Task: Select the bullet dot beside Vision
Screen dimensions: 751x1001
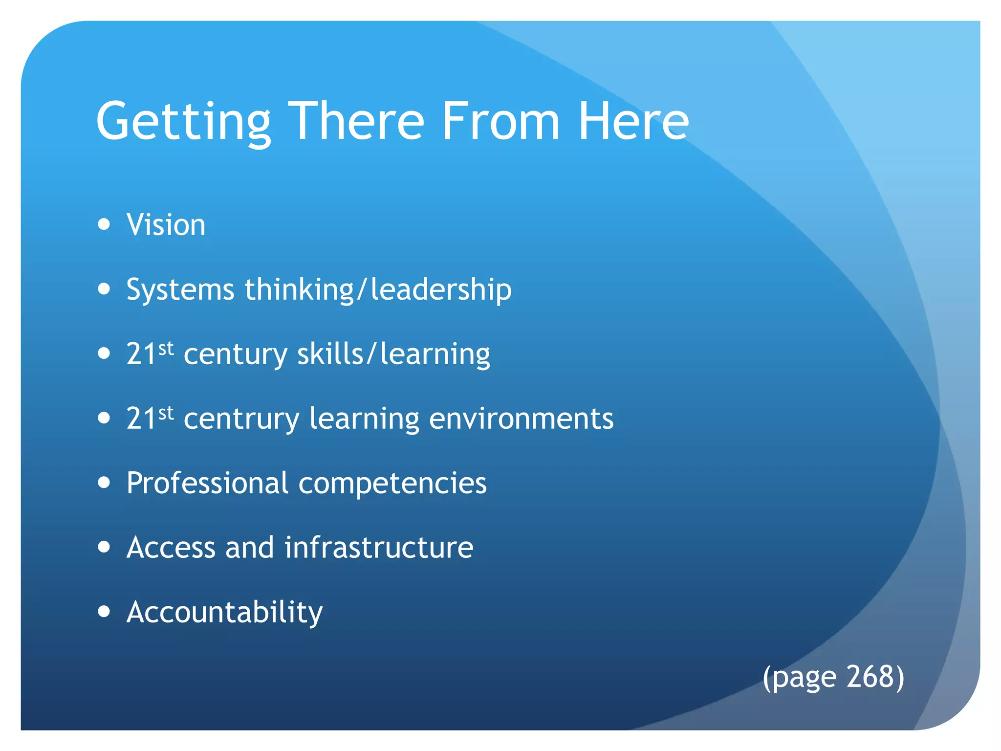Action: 104,224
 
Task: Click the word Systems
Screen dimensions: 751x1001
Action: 180,289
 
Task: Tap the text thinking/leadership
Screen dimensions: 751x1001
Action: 378,289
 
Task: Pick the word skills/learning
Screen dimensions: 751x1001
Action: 393,354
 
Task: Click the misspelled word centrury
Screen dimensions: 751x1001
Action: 241,419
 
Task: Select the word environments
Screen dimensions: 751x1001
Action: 521,419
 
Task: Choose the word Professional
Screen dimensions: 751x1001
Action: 207,483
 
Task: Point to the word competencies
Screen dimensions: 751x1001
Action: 392,483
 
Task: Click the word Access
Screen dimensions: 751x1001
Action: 171,547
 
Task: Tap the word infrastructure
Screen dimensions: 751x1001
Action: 379,547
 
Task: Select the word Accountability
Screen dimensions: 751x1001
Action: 224,612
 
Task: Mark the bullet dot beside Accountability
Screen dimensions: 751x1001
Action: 104,611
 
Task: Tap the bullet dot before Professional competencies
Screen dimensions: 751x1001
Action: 104,483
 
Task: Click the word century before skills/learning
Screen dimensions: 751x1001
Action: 236,354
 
